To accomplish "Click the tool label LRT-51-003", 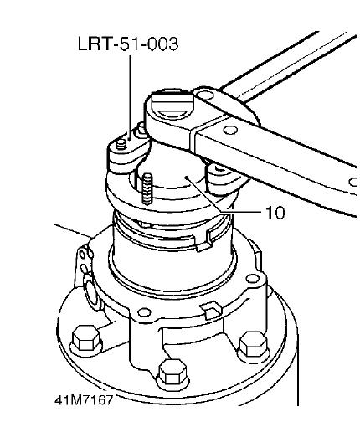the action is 128,44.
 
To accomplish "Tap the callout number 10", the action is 275,213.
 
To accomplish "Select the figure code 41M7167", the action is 84,400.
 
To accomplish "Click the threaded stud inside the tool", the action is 147,189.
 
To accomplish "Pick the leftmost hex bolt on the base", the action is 85,338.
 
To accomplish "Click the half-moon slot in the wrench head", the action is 172,114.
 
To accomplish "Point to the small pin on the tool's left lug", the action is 121,144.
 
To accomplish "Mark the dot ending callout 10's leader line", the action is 187,178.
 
